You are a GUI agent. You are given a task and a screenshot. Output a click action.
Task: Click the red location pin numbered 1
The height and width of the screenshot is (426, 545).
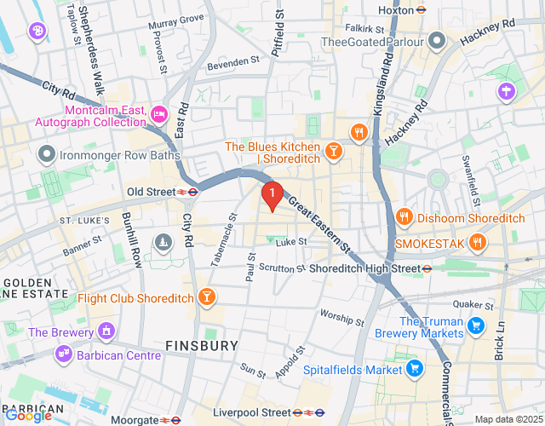pyautogui.click(x=272, y=196)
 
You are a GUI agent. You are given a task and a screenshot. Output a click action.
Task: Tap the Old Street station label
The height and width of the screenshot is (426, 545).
pyautogui.click(x=151, y=192)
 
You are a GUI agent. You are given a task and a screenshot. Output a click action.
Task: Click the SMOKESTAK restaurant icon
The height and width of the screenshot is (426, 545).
pyautogui.click(x=477, y=243)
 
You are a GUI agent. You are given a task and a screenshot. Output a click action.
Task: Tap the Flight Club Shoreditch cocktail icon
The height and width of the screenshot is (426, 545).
pyautogui.click(x=205, y=297)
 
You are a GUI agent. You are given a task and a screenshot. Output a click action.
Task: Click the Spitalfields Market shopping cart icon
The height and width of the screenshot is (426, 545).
pyautogui.click(x=415, y=369)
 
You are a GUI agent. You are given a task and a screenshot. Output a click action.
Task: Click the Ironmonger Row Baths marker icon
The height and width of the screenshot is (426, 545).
pyautogui.click(x=46, y=155)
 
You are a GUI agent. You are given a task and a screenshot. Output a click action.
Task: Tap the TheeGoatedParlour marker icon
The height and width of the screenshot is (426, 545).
pyautogui.click(x=437, y=41)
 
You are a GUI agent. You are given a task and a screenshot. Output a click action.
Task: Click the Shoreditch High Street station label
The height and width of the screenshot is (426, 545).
pyautogui.click(x=365, y=268)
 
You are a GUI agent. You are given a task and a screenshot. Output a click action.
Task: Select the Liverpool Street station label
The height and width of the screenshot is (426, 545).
pyautogui.click(x=252, y=412)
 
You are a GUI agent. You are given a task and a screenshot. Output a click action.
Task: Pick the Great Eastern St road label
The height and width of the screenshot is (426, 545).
pyautogui.click(x=319, y=224)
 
